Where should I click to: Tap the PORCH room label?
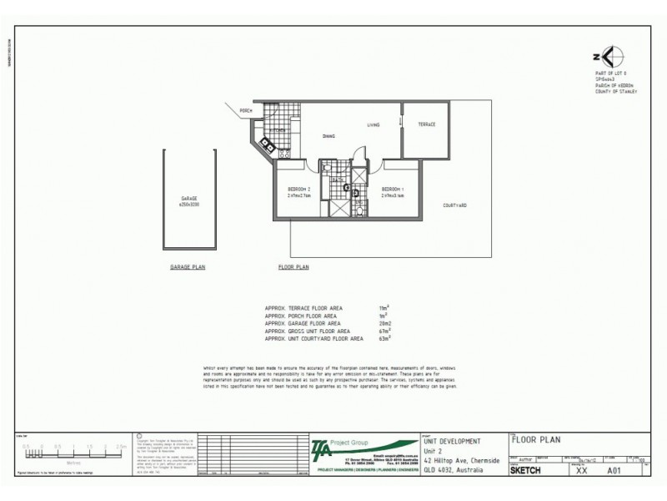tap(246, 110)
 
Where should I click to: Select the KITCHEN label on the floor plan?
tap(278, 131)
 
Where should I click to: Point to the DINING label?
tap(329, 136)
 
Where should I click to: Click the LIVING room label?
tap(374, 125)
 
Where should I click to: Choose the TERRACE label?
tap(427, 125)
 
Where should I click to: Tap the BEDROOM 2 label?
tap(298, 189)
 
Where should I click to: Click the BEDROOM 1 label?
tap(392, 189)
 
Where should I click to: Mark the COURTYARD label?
tap(454, 205)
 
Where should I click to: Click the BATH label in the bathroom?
tap(339, 180)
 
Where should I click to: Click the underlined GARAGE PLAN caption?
tap(188, 267)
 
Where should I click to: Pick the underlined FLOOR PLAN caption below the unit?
tap(293, 267)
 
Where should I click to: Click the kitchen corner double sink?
tap(268, 144)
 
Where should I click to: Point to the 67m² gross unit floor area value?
tap(384, 331)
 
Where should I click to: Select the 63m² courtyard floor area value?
tap(384, 339)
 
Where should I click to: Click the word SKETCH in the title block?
tap(525, 470)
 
